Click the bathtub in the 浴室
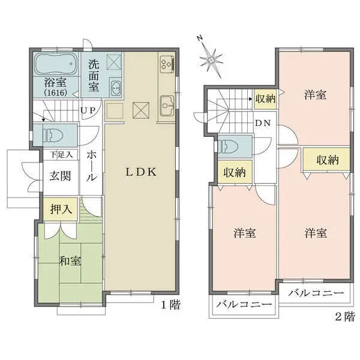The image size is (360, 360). [x=56, y=64]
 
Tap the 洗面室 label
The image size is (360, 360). [x=94, y=76]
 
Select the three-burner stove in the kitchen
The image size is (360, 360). [x=167, y=64]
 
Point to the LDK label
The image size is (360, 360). [x=141, y=172]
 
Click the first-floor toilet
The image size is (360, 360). [x=54, y=135]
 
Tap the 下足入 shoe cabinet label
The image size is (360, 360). [x=61, y=155]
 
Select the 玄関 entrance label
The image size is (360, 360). [x=61, y=176]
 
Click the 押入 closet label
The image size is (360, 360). [x=61, y=209]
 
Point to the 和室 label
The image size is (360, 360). [x=70, y=260]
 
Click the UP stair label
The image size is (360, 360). [x=88, y=110]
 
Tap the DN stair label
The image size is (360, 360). [x=263, y=123]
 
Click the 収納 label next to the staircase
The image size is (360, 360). [x=265, y=99]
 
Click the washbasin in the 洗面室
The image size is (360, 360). [x=116, y=88]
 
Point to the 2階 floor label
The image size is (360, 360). [x=345, y=317]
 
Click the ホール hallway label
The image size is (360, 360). [x=91, y=166]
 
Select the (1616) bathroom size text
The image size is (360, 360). [x=56, y=92]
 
